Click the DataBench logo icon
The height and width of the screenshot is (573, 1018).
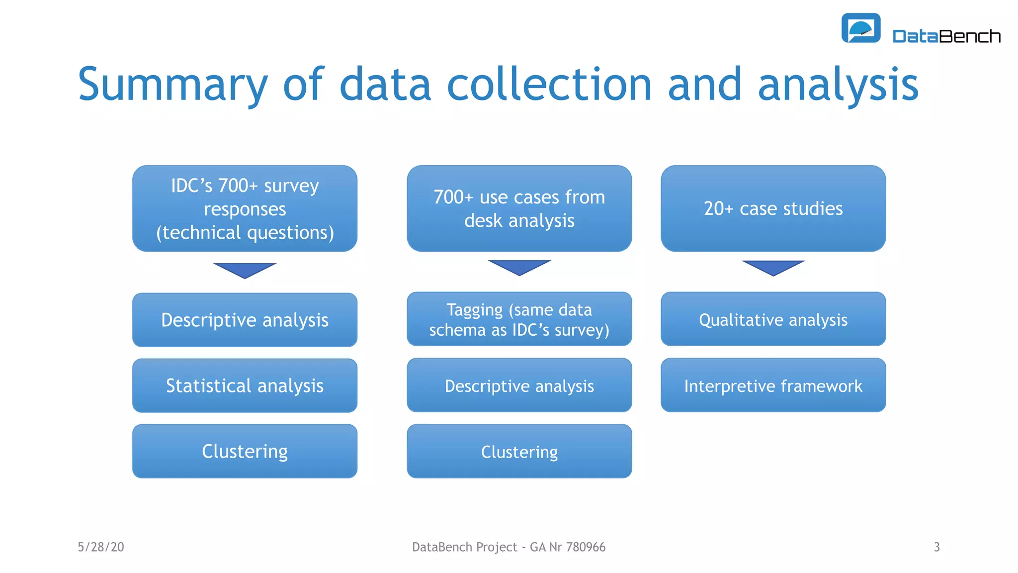[x=860, y=28]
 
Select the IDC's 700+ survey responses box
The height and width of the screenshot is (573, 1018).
[x=245, y=208]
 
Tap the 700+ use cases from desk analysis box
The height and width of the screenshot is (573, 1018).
[x=519, y=208]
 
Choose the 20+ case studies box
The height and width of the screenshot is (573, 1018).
[x=773, y=208]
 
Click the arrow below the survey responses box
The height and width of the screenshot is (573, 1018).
[x=245, y=270]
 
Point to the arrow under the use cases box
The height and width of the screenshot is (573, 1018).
[x=519, y=267]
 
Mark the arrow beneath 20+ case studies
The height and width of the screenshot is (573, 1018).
[x=773, y=267]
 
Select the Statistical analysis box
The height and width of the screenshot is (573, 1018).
[x=245, y=385]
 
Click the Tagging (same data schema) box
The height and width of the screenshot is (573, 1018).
[x=519, y=319]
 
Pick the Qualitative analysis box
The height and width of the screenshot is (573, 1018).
[x=773, y=319]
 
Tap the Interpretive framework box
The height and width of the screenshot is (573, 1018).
[x=773, y=385]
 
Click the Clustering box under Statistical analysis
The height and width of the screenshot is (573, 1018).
[x=245, y=451]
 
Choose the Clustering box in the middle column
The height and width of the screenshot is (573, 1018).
[x=519, y=451]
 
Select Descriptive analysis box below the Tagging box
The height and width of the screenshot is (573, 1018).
[x=519, y=385]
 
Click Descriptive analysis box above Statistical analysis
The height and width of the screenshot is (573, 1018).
[x=245, y=320]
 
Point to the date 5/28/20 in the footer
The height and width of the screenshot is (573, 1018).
[x=101, y=547]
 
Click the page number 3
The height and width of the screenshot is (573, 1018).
[x=936, y=547]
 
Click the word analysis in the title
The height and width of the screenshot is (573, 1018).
[x=838, y=85]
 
